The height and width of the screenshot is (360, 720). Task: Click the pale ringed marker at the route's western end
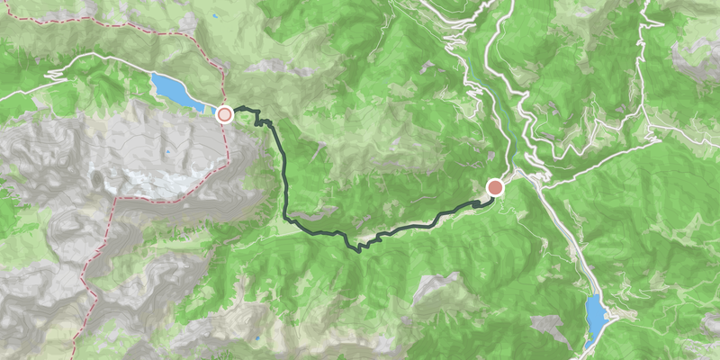[224, 114]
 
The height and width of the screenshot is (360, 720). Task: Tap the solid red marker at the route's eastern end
[495, 187]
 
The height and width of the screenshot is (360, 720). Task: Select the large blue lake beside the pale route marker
[176, 91]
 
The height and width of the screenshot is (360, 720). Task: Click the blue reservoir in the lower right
[596, 315]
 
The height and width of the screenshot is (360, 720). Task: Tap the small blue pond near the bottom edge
[257, 338]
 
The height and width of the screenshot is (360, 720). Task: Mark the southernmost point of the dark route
[360, 250]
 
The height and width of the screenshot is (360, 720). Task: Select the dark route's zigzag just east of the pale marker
[266, 121]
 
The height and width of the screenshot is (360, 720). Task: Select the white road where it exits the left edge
[3, 94]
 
